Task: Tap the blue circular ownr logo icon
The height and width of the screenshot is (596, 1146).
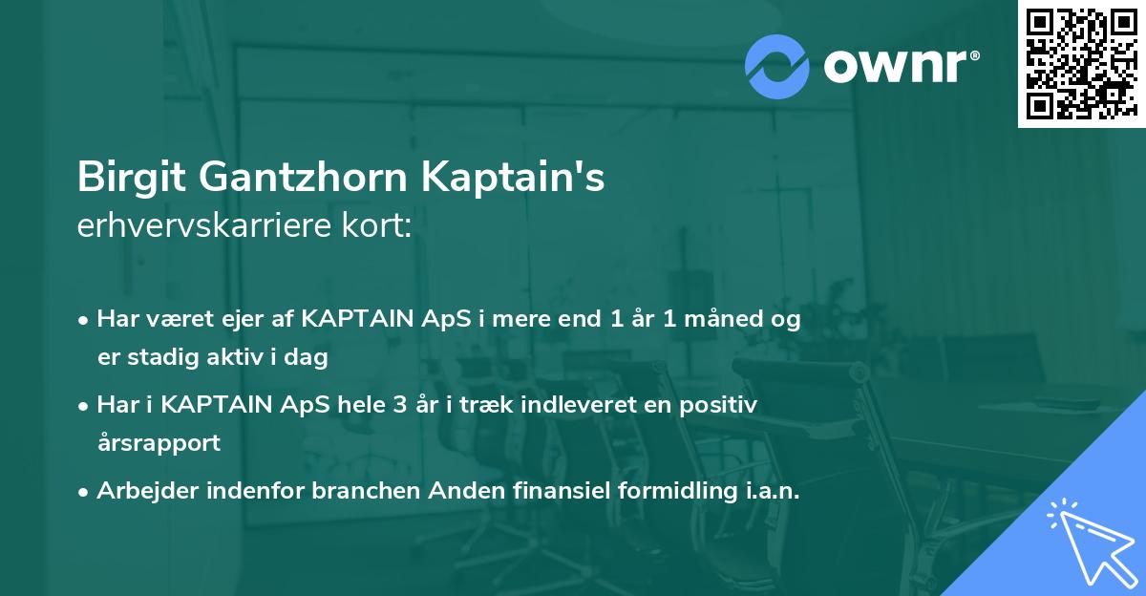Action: (x=776, y=66)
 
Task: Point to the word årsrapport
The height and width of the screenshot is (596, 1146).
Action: (x=159, y=443)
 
